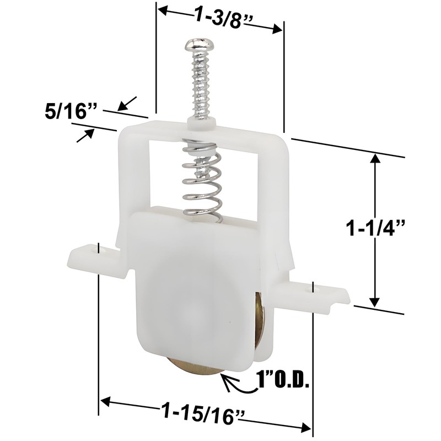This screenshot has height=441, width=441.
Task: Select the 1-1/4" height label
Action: coord(376,228)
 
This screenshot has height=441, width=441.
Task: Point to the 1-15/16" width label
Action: coord(202,414)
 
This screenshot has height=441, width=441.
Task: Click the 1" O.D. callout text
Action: coord(283,380)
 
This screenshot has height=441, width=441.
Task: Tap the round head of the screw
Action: coord(200,45)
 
